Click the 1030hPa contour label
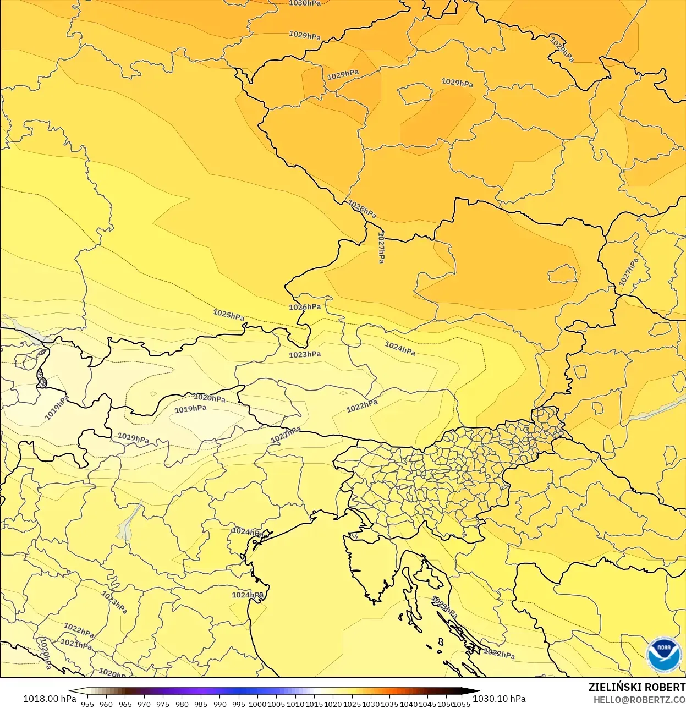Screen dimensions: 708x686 [305, 3]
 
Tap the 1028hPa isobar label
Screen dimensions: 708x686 [362, 209]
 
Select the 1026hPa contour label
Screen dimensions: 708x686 [305, 307]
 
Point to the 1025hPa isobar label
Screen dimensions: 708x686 [228, 315]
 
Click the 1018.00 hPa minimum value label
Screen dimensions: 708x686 [50, 699]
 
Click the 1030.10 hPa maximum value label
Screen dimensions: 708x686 [499, 699]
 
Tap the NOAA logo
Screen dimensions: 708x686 [663, 654]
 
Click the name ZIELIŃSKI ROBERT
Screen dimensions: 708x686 [636, 687]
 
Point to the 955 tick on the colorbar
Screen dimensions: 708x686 [87, 704]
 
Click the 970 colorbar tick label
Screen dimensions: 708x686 [144, 704]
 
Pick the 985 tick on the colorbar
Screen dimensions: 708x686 [201, 704]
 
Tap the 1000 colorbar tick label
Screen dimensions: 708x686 [257, 704]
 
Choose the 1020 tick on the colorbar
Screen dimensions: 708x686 [333, 704]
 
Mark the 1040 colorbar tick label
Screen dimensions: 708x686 [409, 704]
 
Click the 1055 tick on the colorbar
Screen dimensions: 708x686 [462, 704]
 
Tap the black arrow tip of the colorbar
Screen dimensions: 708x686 [475, 691]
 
